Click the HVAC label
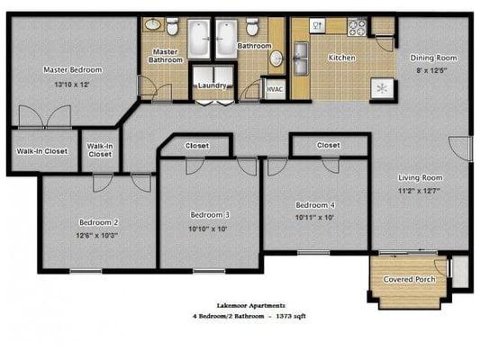(275, 89)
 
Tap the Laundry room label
(213, 85)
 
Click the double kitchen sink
(301, 58)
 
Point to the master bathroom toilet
(172, 26)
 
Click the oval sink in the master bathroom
(154, 24)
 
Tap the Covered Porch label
(409, 279)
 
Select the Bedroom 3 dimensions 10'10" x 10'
(207, 229)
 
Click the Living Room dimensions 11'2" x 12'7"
(419, 191)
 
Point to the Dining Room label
(433, 58)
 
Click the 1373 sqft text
(291, 316)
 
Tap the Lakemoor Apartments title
(251, 306)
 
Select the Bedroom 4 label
(315, 205)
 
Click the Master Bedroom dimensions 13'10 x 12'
(72, 85)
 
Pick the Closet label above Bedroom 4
(328, 145)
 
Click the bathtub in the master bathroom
(199, 39)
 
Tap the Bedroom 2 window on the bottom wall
(86, 271)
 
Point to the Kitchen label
(342, 58)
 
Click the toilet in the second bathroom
(252, 26)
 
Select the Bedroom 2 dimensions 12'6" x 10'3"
(97, 235)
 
